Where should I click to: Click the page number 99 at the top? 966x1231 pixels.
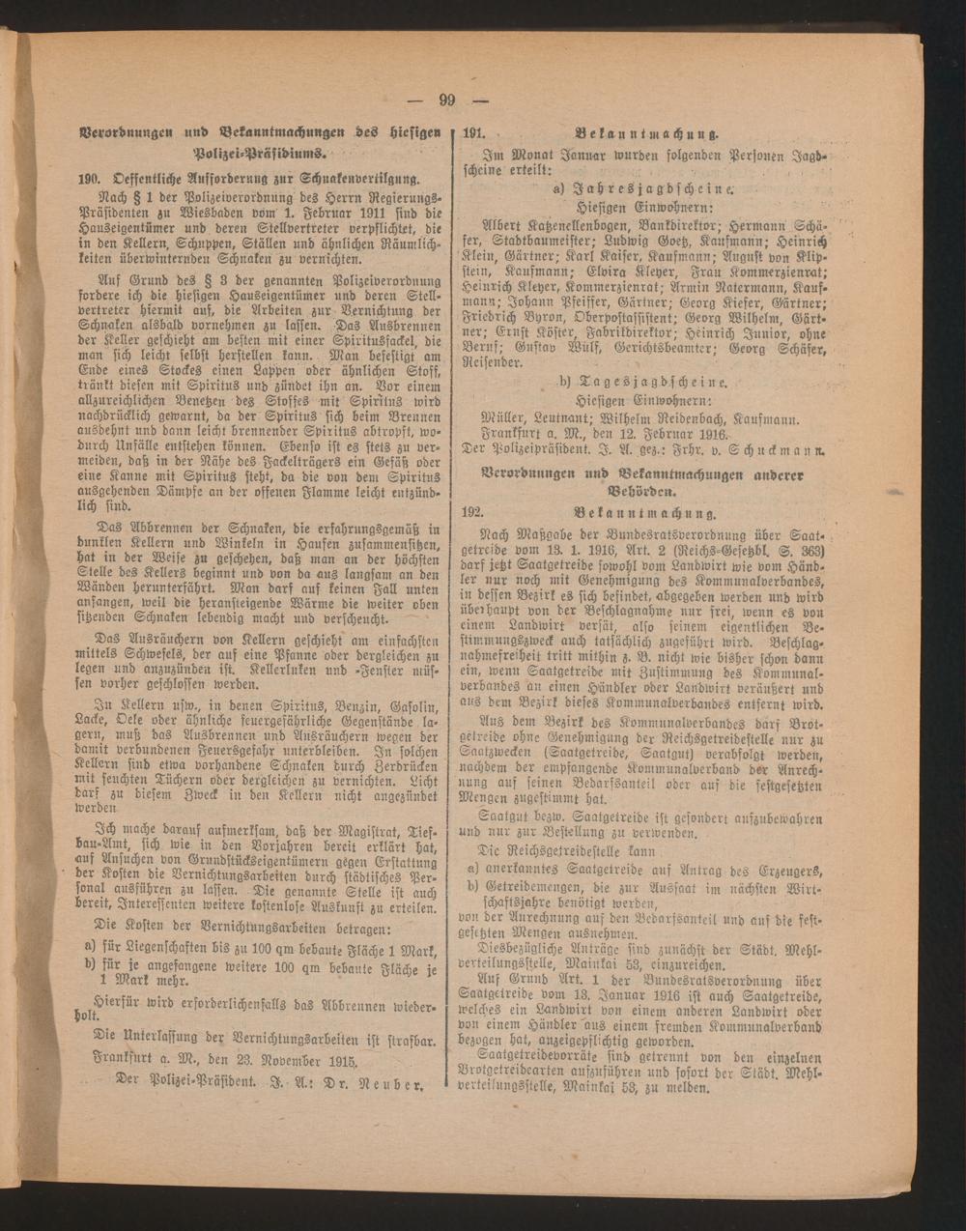click(x=446, y=100)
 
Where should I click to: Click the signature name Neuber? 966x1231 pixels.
click(x=395, y=1083)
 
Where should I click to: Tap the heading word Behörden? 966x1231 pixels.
click(x=644, y=492)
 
